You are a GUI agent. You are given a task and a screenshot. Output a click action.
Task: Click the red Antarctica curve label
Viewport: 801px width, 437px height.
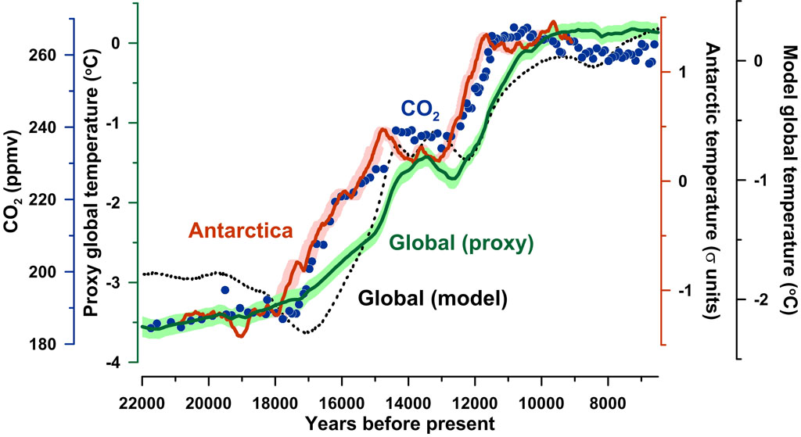pyautogui.click(x=241, y=231)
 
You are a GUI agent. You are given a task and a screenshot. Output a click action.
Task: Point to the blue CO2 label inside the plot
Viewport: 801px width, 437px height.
pyautogui.click(x=421, y=110)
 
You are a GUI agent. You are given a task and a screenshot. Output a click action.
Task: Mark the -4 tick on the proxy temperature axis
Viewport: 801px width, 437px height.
pyautogui.click(x=115, y=363)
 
